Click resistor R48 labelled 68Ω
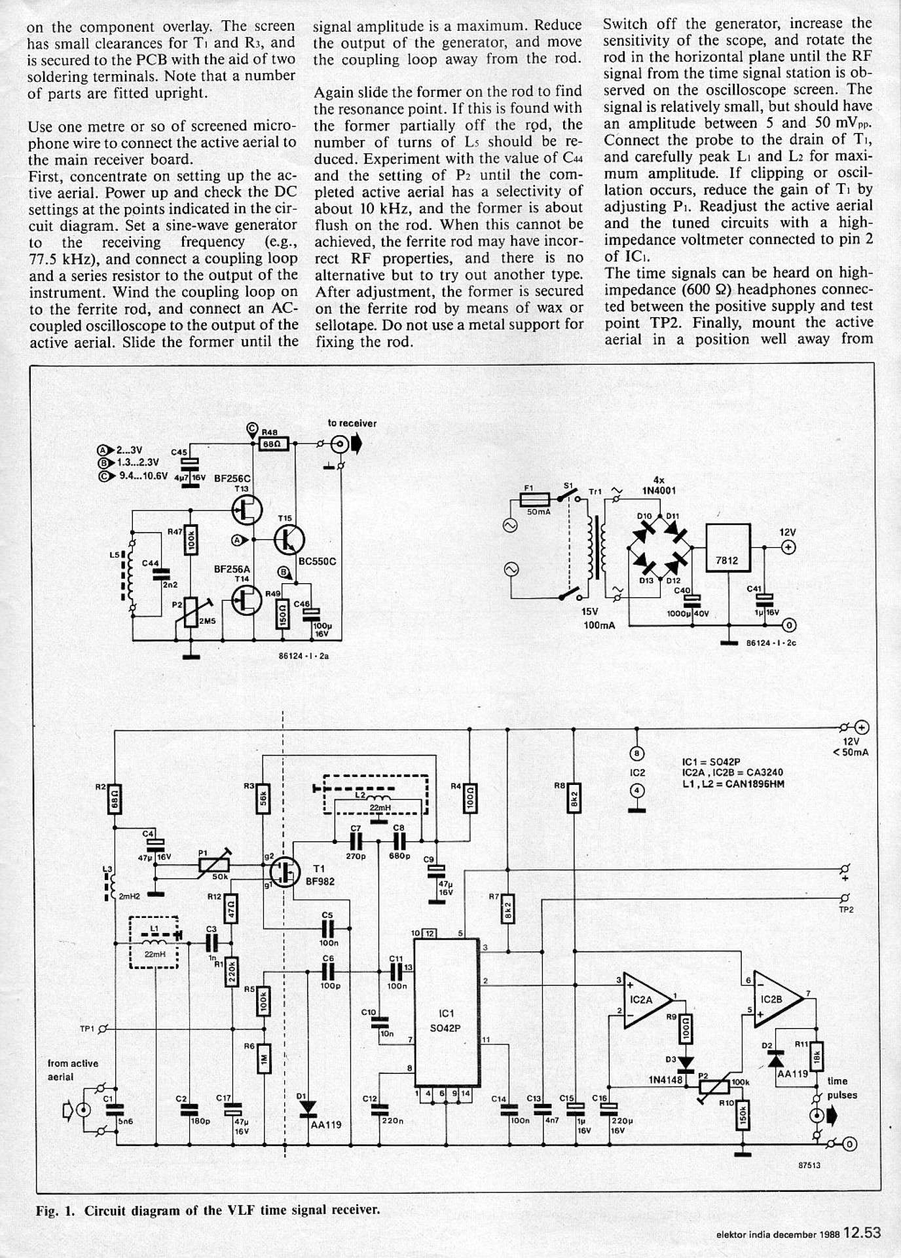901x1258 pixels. (271, 444)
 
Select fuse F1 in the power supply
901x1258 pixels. (538, 500)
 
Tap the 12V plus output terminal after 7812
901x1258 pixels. (789, 547)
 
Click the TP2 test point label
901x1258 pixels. (846, 909)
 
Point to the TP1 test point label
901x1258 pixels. (87, 1029)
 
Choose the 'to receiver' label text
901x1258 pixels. (352, 423)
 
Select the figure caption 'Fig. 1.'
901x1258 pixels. (55, 1210)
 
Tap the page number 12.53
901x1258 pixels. (862, 1232)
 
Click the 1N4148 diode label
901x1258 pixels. (666, 1079)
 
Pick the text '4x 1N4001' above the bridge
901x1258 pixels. (659, 486)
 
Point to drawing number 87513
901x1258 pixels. (809, 1166)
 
